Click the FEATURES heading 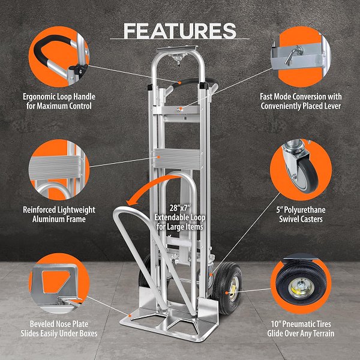point(180,31)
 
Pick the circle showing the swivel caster point(301,170)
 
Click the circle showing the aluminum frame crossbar point(59,170)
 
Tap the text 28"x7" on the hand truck point(180,208)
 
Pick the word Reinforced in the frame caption point(39,209)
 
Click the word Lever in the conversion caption point(332,106)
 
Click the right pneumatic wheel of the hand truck point(227,288)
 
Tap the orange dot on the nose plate point(130,316)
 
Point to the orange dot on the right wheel point(227,293)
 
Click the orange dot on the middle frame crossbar point(158,157)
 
